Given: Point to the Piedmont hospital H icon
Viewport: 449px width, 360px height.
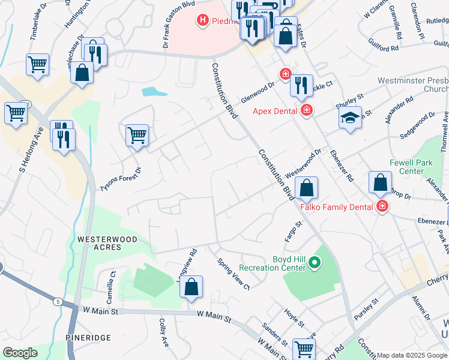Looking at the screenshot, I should pyautogui.click(x=202, y=21).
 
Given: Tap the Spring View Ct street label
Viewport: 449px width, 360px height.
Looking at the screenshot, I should pyautogui.click(x=233, y=273).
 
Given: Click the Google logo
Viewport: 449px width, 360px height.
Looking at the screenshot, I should pyautogui.click(x=20, y=353).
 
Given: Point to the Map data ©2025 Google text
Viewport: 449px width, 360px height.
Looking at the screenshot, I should pyautogui.click(x=411, y=355).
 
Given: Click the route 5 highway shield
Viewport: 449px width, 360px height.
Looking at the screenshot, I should pyautogui.click(x=58, y=301).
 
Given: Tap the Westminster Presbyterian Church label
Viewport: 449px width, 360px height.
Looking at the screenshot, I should pyautogui.click(x=413, y=84).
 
